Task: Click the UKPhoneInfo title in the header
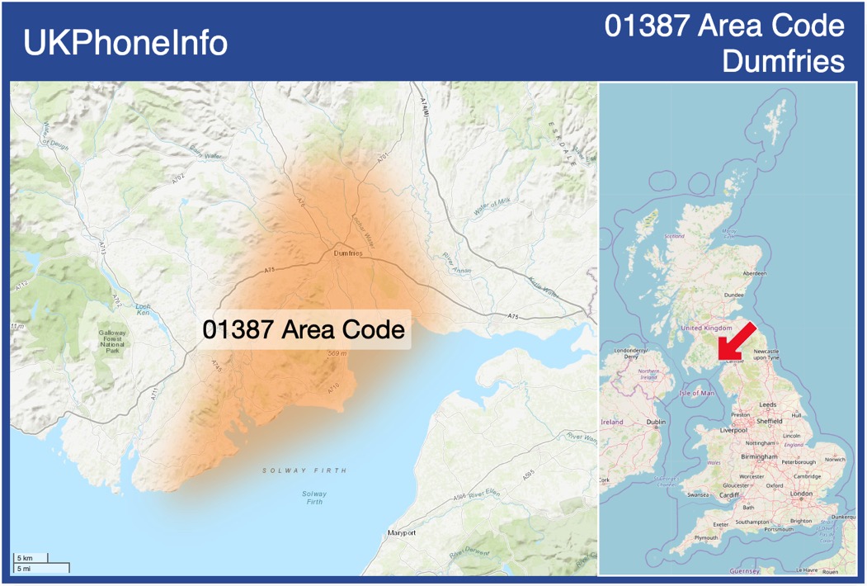tap(125, 43)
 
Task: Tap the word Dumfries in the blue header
tap(783, 62)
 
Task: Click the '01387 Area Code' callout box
tap(304, 330)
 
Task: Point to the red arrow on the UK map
tap(737, 341)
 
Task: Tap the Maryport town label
tap(402, 533)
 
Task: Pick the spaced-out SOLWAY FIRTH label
tap(304, 470)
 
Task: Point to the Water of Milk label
tap(492, 207)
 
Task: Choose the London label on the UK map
tap(801, 494)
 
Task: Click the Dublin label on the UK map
tap(657, 422)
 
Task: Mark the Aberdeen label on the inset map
tap(754, 272)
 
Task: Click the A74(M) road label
tap(424, 112)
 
